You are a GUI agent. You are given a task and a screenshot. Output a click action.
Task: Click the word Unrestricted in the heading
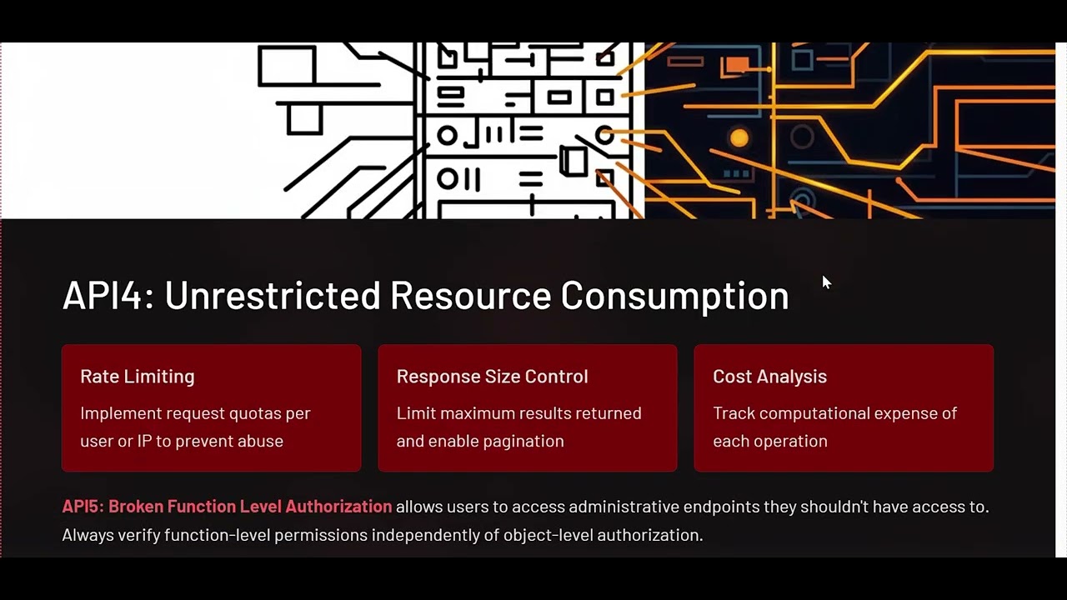272,295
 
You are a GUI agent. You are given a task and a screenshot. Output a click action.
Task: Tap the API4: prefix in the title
108,295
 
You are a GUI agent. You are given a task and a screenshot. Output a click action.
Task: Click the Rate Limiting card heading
138,377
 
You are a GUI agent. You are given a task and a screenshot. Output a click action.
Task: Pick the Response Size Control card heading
492,377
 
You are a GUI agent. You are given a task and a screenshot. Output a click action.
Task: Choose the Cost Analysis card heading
769,377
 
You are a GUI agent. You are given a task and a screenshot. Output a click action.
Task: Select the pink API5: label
83,506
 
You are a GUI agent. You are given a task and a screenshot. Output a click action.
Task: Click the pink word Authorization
338,506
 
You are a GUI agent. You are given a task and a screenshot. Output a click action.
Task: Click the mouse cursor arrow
826,282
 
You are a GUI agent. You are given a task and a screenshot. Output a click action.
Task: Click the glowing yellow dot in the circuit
739,138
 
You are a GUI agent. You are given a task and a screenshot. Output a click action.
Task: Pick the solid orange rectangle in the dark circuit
736,64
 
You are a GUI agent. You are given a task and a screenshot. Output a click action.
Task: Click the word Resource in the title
470,295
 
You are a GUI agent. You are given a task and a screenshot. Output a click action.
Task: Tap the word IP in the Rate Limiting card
144,441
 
